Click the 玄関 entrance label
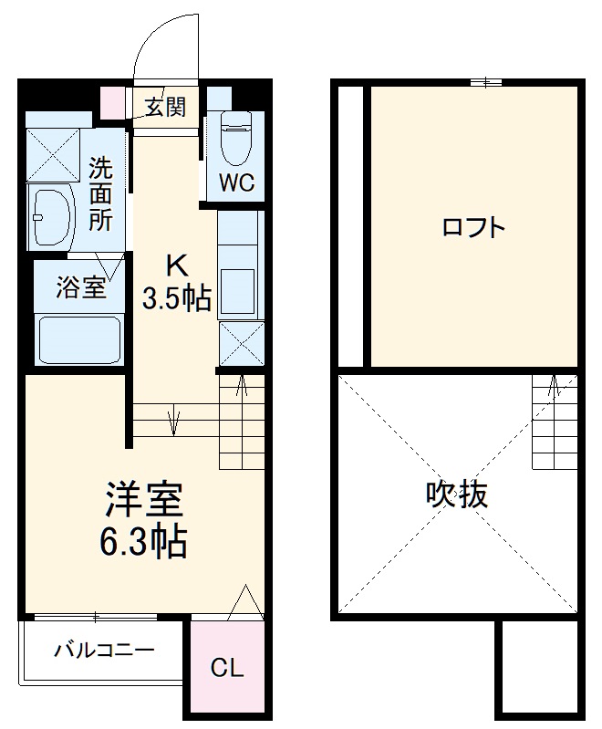click(166, 108)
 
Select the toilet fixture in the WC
click(235, 137)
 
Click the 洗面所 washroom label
click(100, 194)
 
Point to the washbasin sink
click(53, 217)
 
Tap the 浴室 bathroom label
click(80, 288)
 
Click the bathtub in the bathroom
click(80, 340)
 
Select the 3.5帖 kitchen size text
click(177, 298)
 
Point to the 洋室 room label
click(144, 499)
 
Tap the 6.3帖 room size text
click(144, 542)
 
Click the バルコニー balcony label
click(103, 651)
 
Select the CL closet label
click(227, 669)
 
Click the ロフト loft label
click(473, 227)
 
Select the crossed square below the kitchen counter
click(242, 342)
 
